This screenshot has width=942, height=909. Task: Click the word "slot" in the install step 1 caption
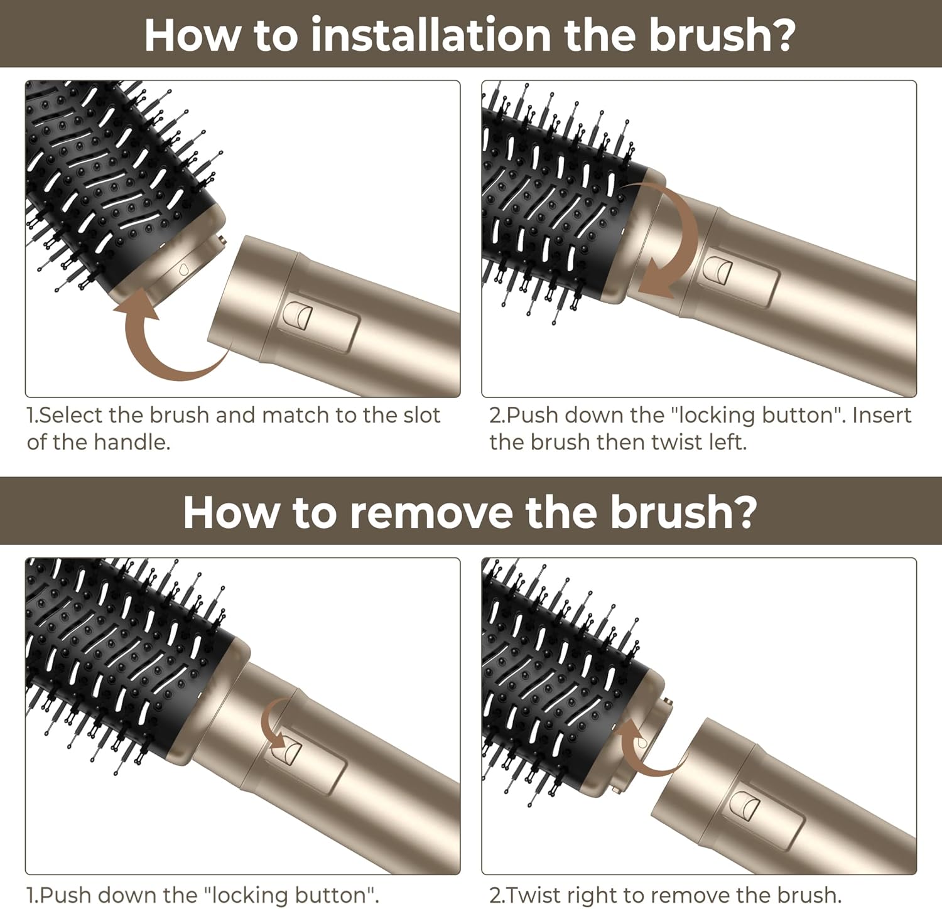click(x=420, y=415)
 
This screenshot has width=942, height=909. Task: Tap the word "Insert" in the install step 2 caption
click(x=882, y=415)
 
